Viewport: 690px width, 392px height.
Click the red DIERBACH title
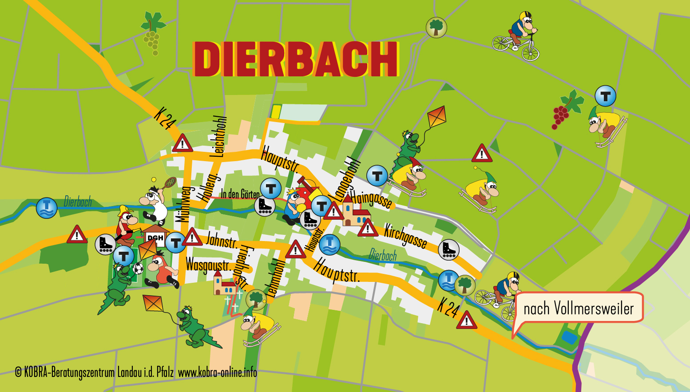[295, 59]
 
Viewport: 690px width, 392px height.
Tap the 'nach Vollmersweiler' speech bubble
[579, 308]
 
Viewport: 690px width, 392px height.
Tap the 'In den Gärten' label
[240, 194]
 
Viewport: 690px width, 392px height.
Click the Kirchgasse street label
[405, 235]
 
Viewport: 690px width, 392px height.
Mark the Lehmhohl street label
[275, 278]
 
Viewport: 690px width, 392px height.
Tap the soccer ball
[138, 268]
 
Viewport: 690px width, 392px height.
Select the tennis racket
[170, 182]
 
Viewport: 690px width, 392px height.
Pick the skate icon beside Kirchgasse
[448, 250]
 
